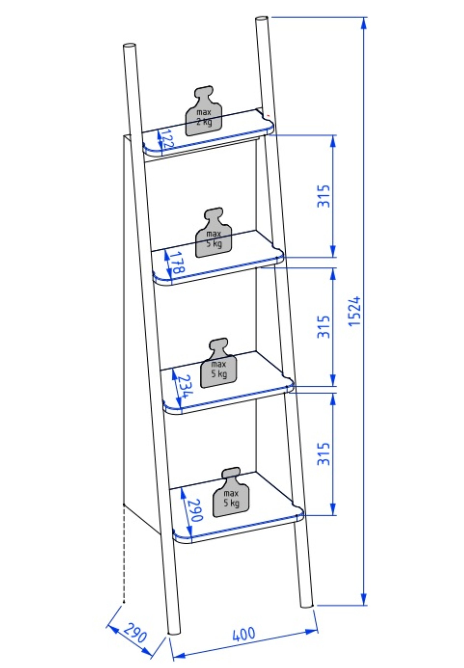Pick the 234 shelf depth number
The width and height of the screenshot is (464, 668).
click(185, 386)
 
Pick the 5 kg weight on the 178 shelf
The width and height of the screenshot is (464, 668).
click(214, 233)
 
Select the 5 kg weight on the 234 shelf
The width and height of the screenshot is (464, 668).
click(219, 363)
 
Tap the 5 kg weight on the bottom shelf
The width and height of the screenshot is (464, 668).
click(231, 492)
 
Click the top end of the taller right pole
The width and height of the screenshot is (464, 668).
click(262, 19)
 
